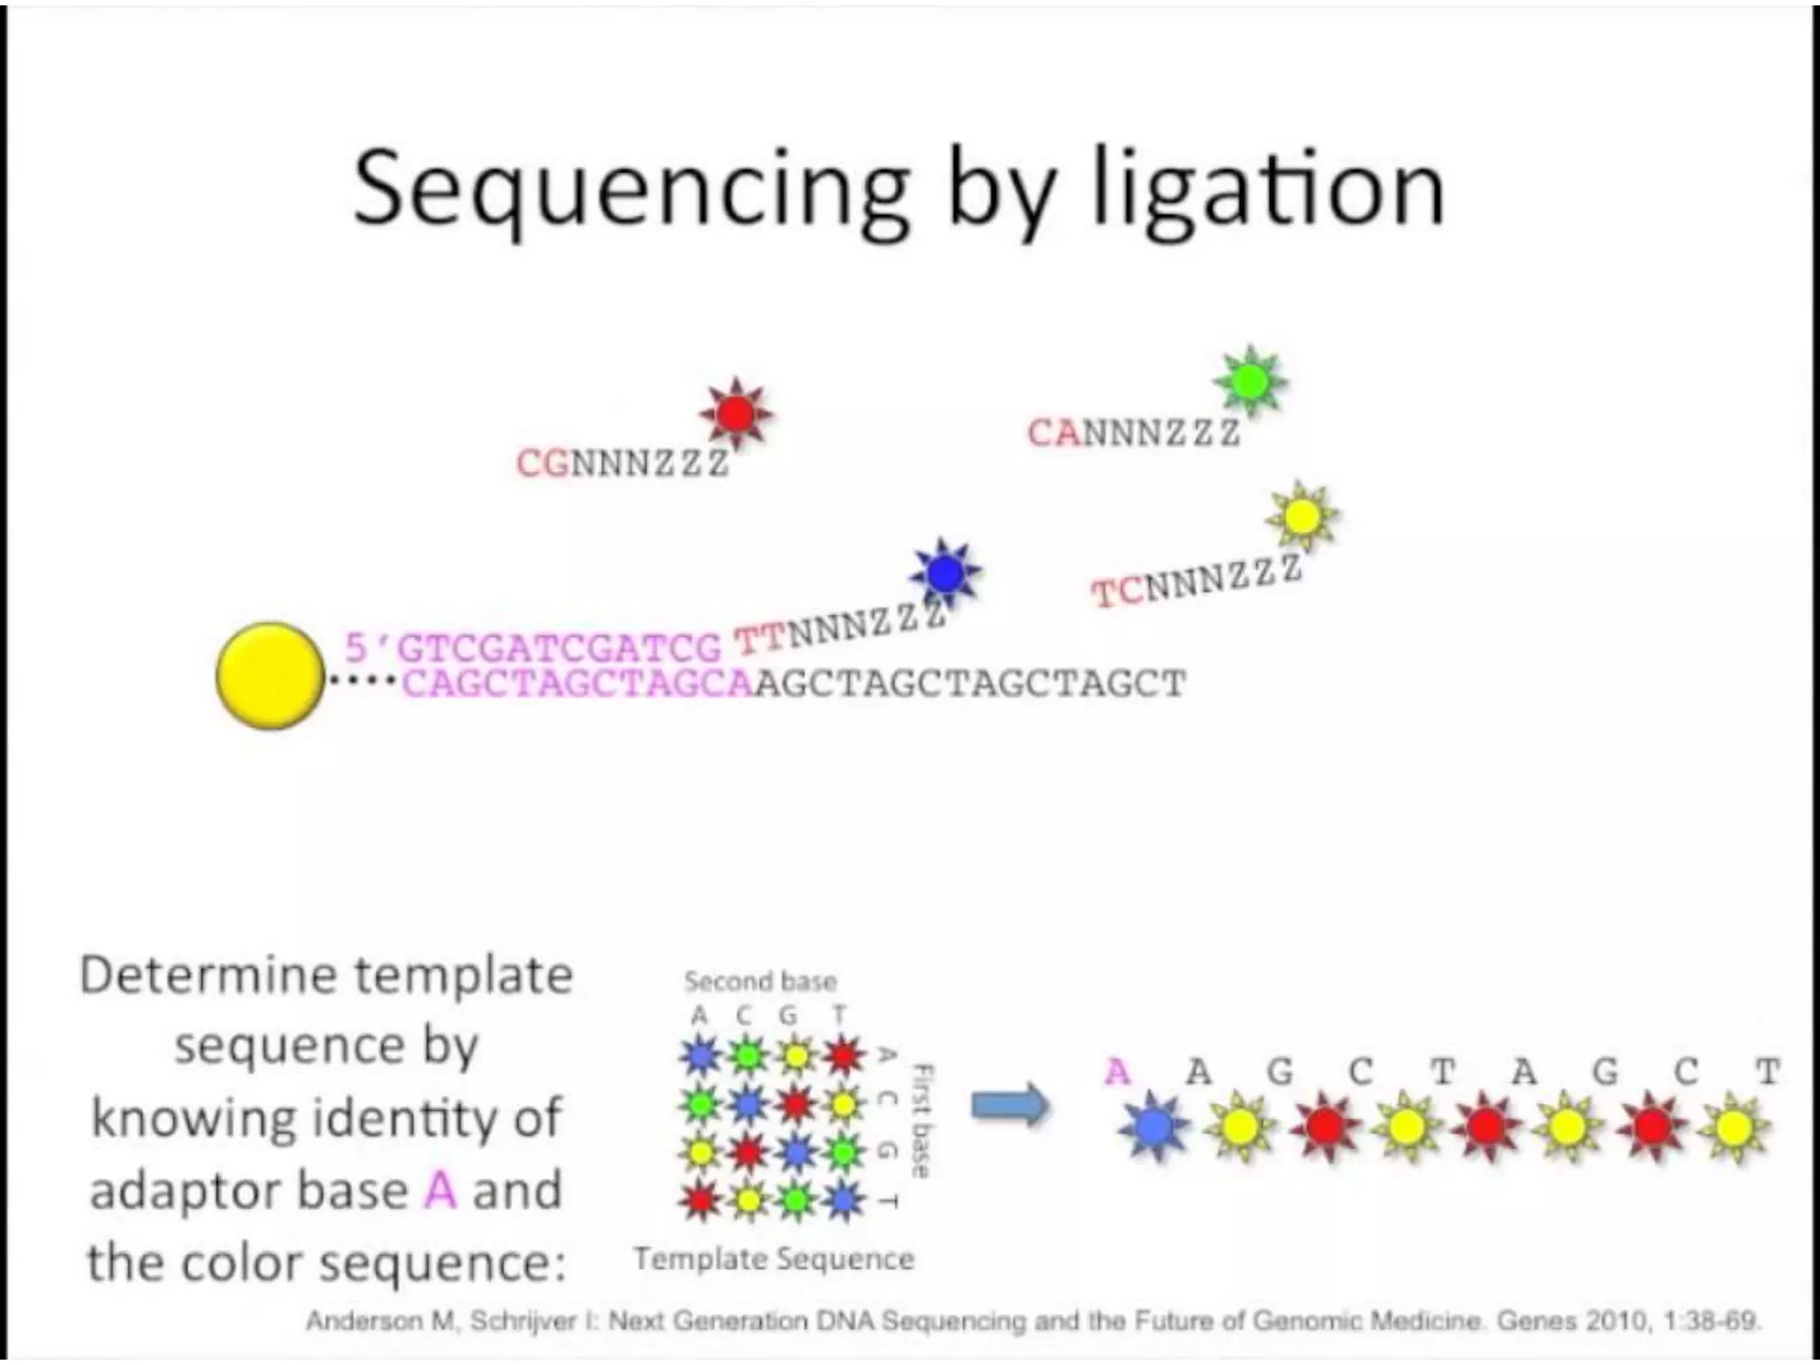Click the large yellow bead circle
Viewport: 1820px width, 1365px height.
(x=270, y=676)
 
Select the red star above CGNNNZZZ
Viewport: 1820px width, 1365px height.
(x=736, y=413)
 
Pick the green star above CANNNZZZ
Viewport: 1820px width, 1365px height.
(x=1250, y=381)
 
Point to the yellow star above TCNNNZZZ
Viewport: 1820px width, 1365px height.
(x=1303, y=516)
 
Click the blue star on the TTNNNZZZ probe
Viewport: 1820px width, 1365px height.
(x=946, y=573)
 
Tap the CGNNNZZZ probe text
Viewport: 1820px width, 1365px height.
(x=622, y=463)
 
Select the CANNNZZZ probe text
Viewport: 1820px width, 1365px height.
(x=1133, y=434)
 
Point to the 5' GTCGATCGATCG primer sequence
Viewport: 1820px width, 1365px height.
(x=533, y=648)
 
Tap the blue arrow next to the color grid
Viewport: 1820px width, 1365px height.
(x=1010, y=1106)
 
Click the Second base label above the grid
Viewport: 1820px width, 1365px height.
(x=760, y=982)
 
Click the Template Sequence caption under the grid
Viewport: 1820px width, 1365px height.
(x=773, y=1259)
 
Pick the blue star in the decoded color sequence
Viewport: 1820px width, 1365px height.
(x=1153, y=1127)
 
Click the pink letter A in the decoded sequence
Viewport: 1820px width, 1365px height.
(x=1117, y=1073)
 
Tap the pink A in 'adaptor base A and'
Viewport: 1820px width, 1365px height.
(x=440, y=1191)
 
